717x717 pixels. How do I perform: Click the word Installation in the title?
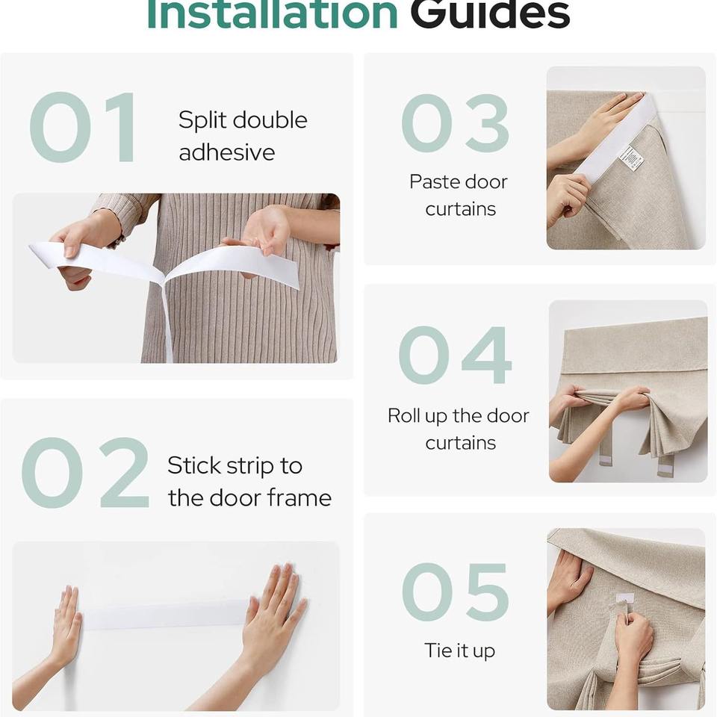(x=273, y=15)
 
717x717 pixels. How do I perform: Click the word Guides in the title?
(x=490, y=15)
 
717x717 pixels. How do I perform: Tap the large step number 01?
(x=82, y=127)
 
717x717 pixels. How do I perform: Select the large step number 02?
(x=85, y=472)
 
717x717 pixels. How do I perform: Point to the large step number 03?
(x=456, y=123)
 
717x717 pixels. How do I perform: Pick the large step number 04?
(x=455, y=355)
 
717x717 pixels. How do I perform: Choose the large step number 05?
(x=456, y=592)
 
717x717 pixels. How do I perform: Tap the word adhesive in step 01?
(x=227, y=152)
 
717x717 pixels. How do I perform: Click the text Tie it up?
(x=459, y=651)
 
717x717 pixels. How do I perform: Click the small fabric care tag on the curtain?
(x=631, y=158)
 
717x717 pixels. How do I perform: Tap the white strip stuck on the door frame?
(x=164, y=615)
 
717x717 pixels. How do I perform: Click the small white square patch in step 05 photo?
(x=624, y=597)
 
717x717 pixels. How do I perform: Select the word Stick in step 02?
(x=194, y=466)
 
